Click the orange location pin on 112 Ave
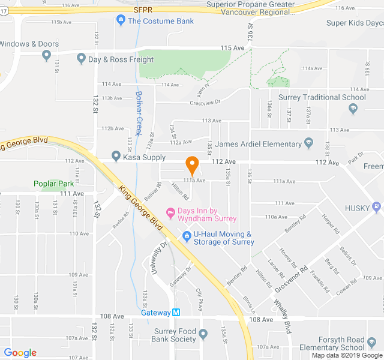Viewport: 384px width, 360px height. [192, 164]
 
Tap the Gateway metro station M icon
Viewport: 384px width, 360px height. [176, 313]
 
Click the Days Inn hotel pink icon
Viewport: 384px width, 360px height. [170, 212]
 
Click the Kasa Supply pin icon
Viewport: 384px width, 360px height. [116, 157]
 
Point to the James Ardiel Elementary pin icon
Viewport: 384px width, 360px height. [309, 143]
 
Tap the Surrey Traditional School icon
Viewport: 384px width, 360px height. [353, 109]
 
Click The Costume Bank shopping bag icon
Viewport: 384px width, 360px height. [121, 21]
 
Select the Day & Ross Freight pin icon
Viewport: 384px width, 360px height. [81, 59]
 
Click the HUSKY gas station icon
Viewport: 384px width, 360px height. [376, 208]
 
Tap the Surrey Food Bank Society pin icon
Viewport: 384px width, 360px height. [203, 334]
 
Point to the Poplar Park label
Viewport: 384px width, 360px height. [53, 184]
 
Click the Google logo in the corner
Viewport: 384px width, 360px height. [20, 353]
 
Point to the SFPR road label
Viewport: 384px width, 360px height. [143, 10]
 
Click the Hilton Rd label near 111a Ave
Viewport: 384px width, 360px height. [181, 191]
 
